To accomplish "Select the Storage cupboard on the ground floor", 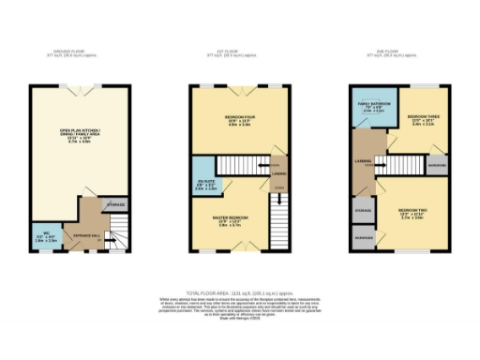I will (113, 204).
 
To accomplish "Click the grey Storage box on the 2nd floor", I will (364, 212).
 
